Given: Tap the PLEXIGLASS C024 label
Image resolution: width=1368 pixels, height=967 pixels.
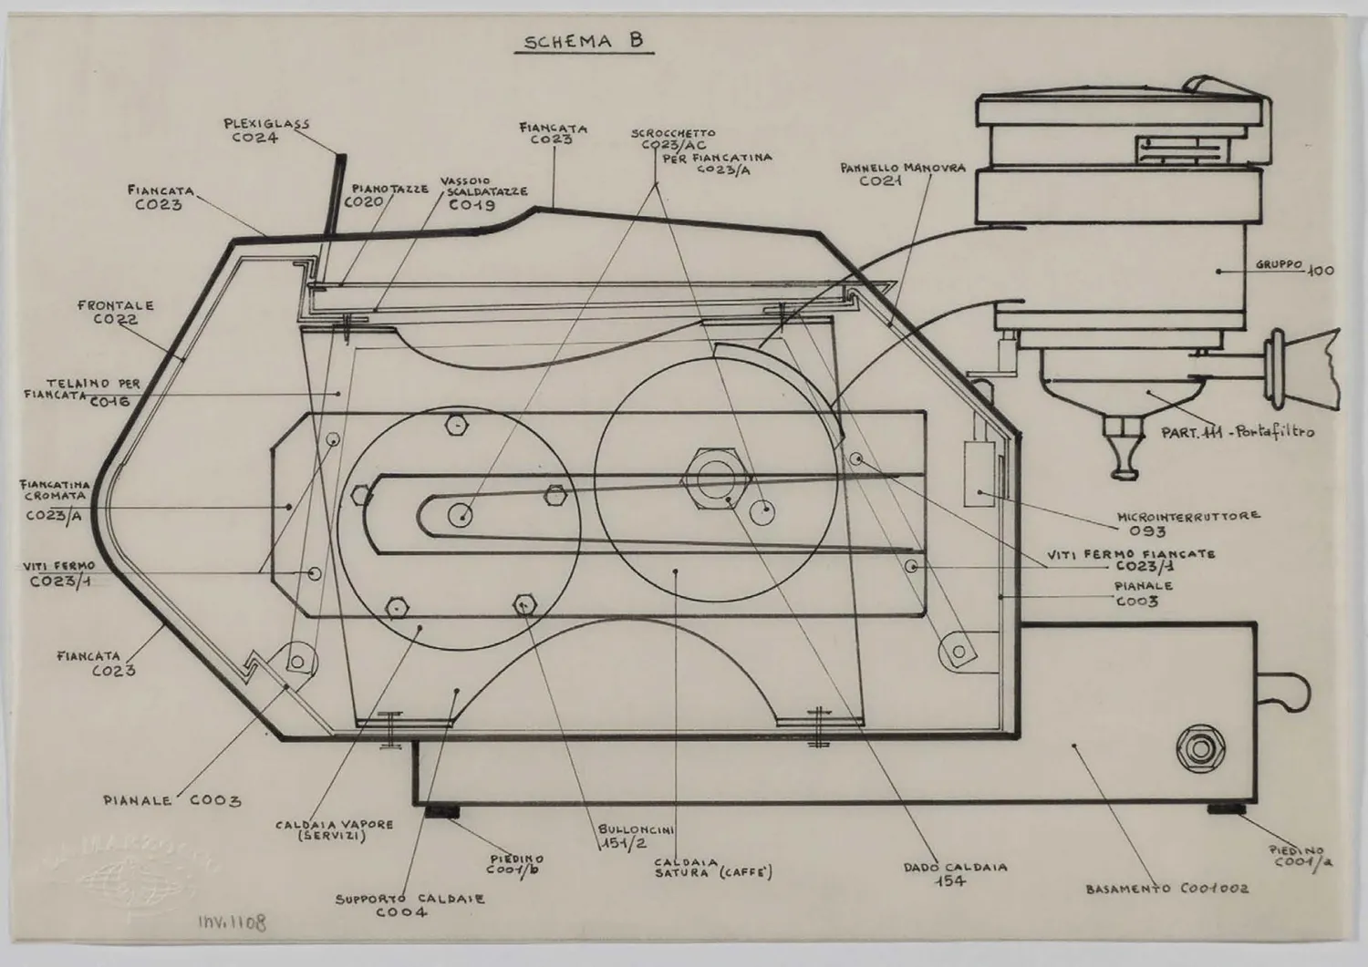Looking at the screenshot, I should [x=254, y=130].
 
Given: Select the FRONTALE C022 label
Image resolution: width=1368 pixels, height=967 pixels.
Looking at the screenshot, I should [x=115, y=313].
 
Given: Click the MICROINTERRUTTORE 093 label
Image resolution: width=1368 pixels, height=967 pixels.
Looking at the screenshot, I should [x=1188, y=522].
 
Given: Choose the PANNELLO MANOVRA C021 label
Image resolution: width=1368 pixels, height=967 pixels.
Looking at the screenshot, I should [x=903, y=174].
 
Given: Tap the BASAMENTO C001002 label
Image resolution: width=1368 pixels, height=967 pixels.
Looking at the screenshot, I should [x=1166, y=889].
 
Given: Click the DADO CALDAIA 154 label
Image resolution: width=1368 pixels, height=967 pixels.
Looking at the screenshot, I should [x=955, y=873].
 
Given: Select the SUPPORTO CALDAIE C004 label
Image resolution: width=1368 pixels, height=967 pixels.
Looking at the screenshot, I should [x=409, y=905].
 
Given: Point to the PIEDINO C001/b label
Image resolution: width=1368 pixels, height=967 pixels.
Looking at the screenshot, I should [x=516, y=865].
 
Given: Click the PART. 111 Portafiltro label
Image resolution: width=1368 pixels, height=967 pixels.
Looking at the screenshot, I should [x=1238, y=431].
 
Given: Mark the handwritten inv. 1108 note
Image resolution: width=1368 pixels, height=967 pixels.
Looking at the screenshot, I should [x=233, y=922].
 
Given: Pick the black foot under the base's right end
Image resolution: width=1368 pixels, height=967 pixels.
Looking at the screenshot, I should [x=1228, y=809].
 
